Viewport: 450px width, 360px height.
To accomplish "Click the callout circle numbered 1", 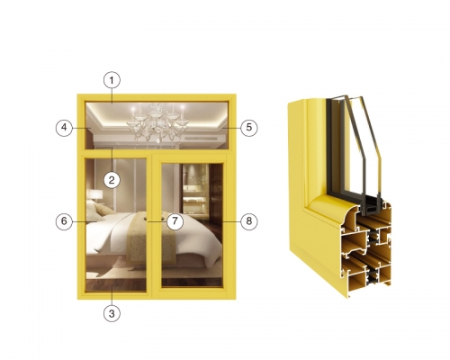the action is click(x=112, y=80).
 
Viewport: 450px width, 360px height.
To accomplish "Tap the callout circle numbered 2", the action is click(x=112, y=180).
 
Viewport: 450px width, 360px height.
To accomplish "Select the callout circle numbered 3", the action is click(x=112, y=314).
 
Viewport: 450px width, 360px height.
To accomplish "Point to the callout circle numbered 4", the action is click(x=64, y=128).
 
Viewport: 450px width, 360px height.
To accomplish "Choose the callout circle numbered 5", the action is click(x=249, y=128).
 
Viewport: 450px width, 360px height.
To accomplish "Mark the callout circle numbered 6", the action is click(x=64, y=221).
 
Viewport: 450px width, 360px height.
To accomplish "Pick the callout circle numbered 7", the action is click(x=175, y=221).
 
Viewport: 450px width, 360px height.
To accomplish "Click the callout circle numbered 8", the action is click(x=249, y=221).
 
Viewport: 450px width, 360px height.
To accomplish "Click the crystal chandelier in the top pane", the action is click(x=157, y=122).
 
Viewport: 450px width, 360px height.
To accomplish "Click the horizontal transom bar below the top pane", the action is click(x=156, y=151).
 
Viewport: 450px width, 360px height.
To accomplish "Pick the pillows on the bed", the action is click(x=97, y=210).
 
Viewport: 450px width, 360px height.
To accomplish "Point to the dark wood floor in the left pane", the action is click(x=116, y=285).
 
